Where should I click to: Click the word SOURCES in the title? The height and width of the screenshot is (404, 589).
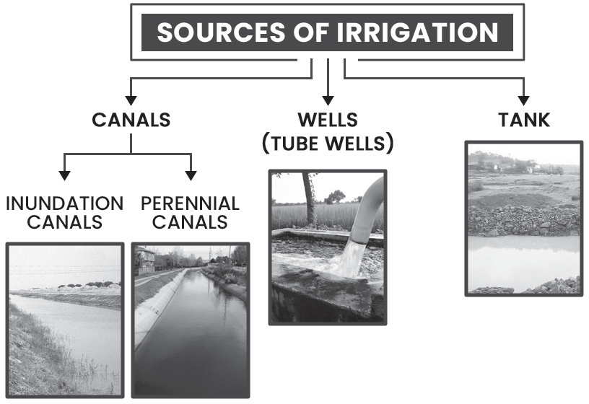click(x=222, y=32)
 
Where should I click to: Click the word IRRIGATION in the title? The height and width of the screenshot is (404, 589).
click(x=417, y=32)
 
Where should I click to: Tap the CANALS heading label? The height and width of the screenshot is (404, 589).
click(x=131, y=120)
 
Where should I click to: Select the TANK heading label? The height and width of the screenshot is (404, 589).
click(x=524, y=120)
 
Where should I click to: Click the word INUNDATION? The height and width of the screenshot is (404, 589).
click(x=65, y=203)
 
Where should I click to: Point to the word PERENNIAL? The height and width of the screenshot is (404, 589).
click(x=190, y=203)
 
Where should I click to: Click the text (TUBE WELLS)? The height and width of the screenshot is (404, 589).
click(x=328, y=144)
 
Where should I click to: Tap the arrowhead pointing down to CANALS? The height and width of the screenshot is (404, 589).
click(x=131, y=100)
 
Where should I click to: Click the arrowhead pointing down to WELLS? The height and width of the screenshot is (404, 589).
click(x=328, y=100)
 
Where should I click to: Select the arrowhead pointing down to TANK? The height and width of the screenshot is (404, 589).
click(x=523, y=100)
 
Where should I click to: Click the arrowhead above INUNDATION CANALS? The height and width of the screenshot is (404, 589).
click(x=65, y=176)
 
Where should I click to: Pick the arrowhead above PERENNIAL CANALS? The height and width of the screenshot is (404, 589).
click(x=191, y=176)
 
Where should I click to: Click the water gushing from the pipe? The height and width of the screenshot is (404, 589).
click(x=349, y=259)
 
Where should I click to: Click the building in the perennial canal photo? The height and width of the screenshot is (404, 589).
click(x=145, y=259)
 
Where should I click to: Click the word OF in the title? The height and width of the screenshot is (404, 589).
click(x=311, y=32)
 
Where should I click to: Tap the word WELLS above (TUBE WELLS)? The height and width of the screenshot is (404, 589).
click(x=328, y=120)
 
